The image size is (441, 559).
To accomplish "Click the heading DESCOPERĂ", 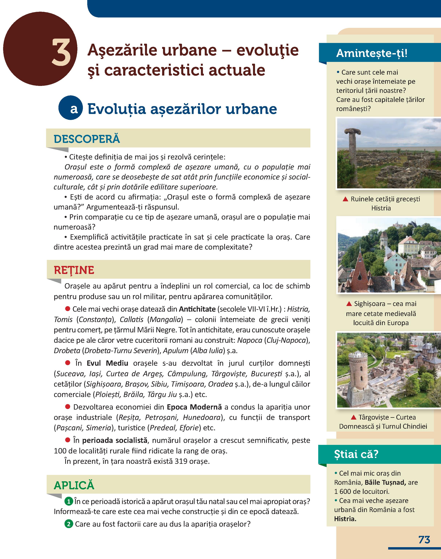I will point(87,139).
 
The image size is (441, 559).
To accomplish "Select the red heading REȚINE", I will point(74,270).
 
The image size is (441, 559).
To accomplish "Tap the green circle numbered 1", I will point(69,501).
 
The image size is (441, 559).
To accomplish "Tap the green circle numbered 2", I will point(69,524).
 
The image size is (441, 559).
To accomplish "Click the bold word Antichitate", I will point(197,309).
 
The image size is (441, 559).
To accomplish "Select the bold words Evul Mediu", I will point(107,363).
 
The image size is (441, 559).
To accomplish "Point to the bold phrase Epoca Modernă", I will point(194,407).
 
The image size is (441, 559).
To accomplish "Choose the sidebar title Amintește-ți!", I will point(372,53).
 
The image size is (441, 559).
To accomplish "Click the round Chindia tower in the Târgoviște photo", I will point(358,374).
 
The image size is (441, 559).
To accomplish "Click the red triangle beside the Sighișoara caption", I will point(349,304).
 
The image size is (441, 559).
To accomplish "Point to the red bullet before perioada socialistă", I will point(68,440).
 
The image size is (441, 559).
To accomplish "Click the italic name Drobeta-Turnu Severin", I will point(121,351).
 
